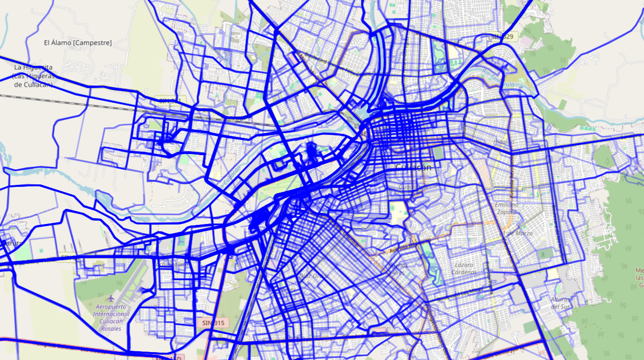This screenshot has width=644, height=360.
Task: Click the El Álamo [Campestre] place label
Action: coord(78,43)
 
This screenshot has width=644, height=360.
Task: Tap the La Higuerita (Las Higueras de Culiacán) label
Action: coord(33,76)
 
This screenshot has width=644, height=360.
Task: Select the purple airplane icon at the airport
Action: coord(111,297)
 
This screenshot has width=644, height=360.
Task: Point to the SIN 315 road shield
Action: coord(213,323)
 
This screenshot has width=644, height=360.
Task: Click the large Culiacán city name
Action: coord(413,167)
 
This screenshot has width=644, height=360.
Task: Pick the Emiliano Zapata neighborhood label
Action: coord(506,208)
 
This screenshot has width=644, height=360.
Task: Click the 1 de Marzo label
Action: coord(518,233)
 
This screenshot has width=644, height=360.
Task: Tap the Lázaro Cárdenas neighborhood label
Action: coord(464,268)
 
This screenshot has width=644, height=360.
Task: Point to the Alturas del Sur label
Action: coord(560,303)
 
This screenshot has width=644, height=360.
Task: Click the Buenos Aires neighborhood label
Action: coord(398,269)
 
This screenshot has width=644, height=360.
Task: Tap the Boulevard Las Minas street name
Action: coord(460,293)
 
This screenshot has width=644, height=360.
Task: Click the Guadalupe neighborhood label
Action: coord(412,186)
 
